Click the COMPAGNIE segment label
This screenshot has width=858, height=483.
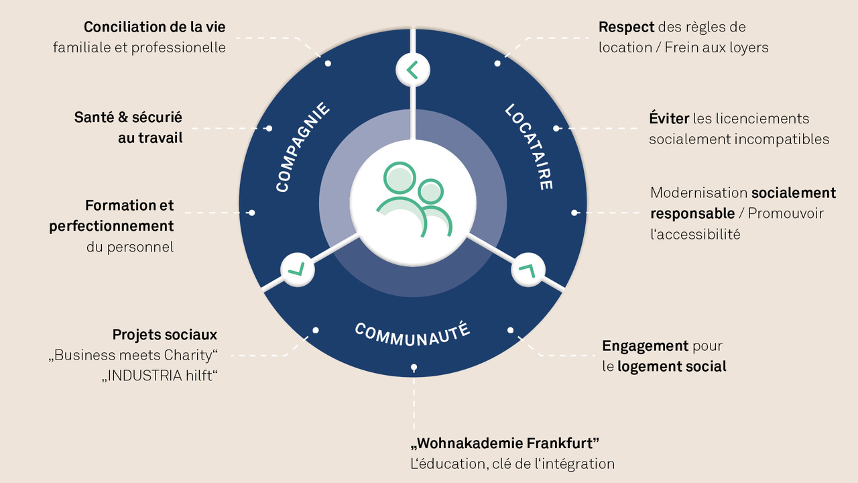[302, 147]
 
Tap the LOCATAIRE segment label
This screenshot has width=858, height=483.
[529, 147]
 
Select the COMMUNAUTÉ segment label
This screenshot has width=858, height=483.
[412, 334]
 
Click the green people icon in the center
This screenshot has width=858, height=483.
[414, 200]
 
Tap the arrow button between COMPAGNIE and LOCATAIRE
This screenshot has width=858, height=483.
[413, 70]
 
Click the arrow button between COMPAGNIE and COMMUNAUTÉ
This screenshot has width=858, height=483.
[298, 270]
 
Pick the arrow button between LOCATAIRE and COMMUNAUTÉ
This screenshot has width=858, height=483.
[528, 270]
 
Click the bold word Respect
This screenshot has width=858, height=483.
[626, 28]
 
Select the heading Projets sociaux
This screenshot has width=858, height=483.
[165, 335]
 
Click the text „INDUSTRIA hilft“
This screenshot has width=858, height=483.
[160, 376]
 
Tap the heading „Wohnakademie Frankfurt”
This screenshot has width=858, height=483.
[505, 443]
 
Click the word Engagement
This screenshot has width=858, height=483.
[646, 346]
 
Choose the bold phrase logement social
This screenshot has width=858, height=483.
[672, 366]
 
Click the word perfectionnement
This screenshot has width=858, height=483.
[111, 226]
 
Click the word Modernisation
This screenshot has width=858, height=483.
[699, 193]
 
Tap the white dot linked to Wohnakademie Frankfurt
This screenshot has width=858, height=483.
[414, 368]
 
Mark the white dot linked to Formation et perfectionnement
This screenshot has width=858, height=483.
[251, 213]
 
